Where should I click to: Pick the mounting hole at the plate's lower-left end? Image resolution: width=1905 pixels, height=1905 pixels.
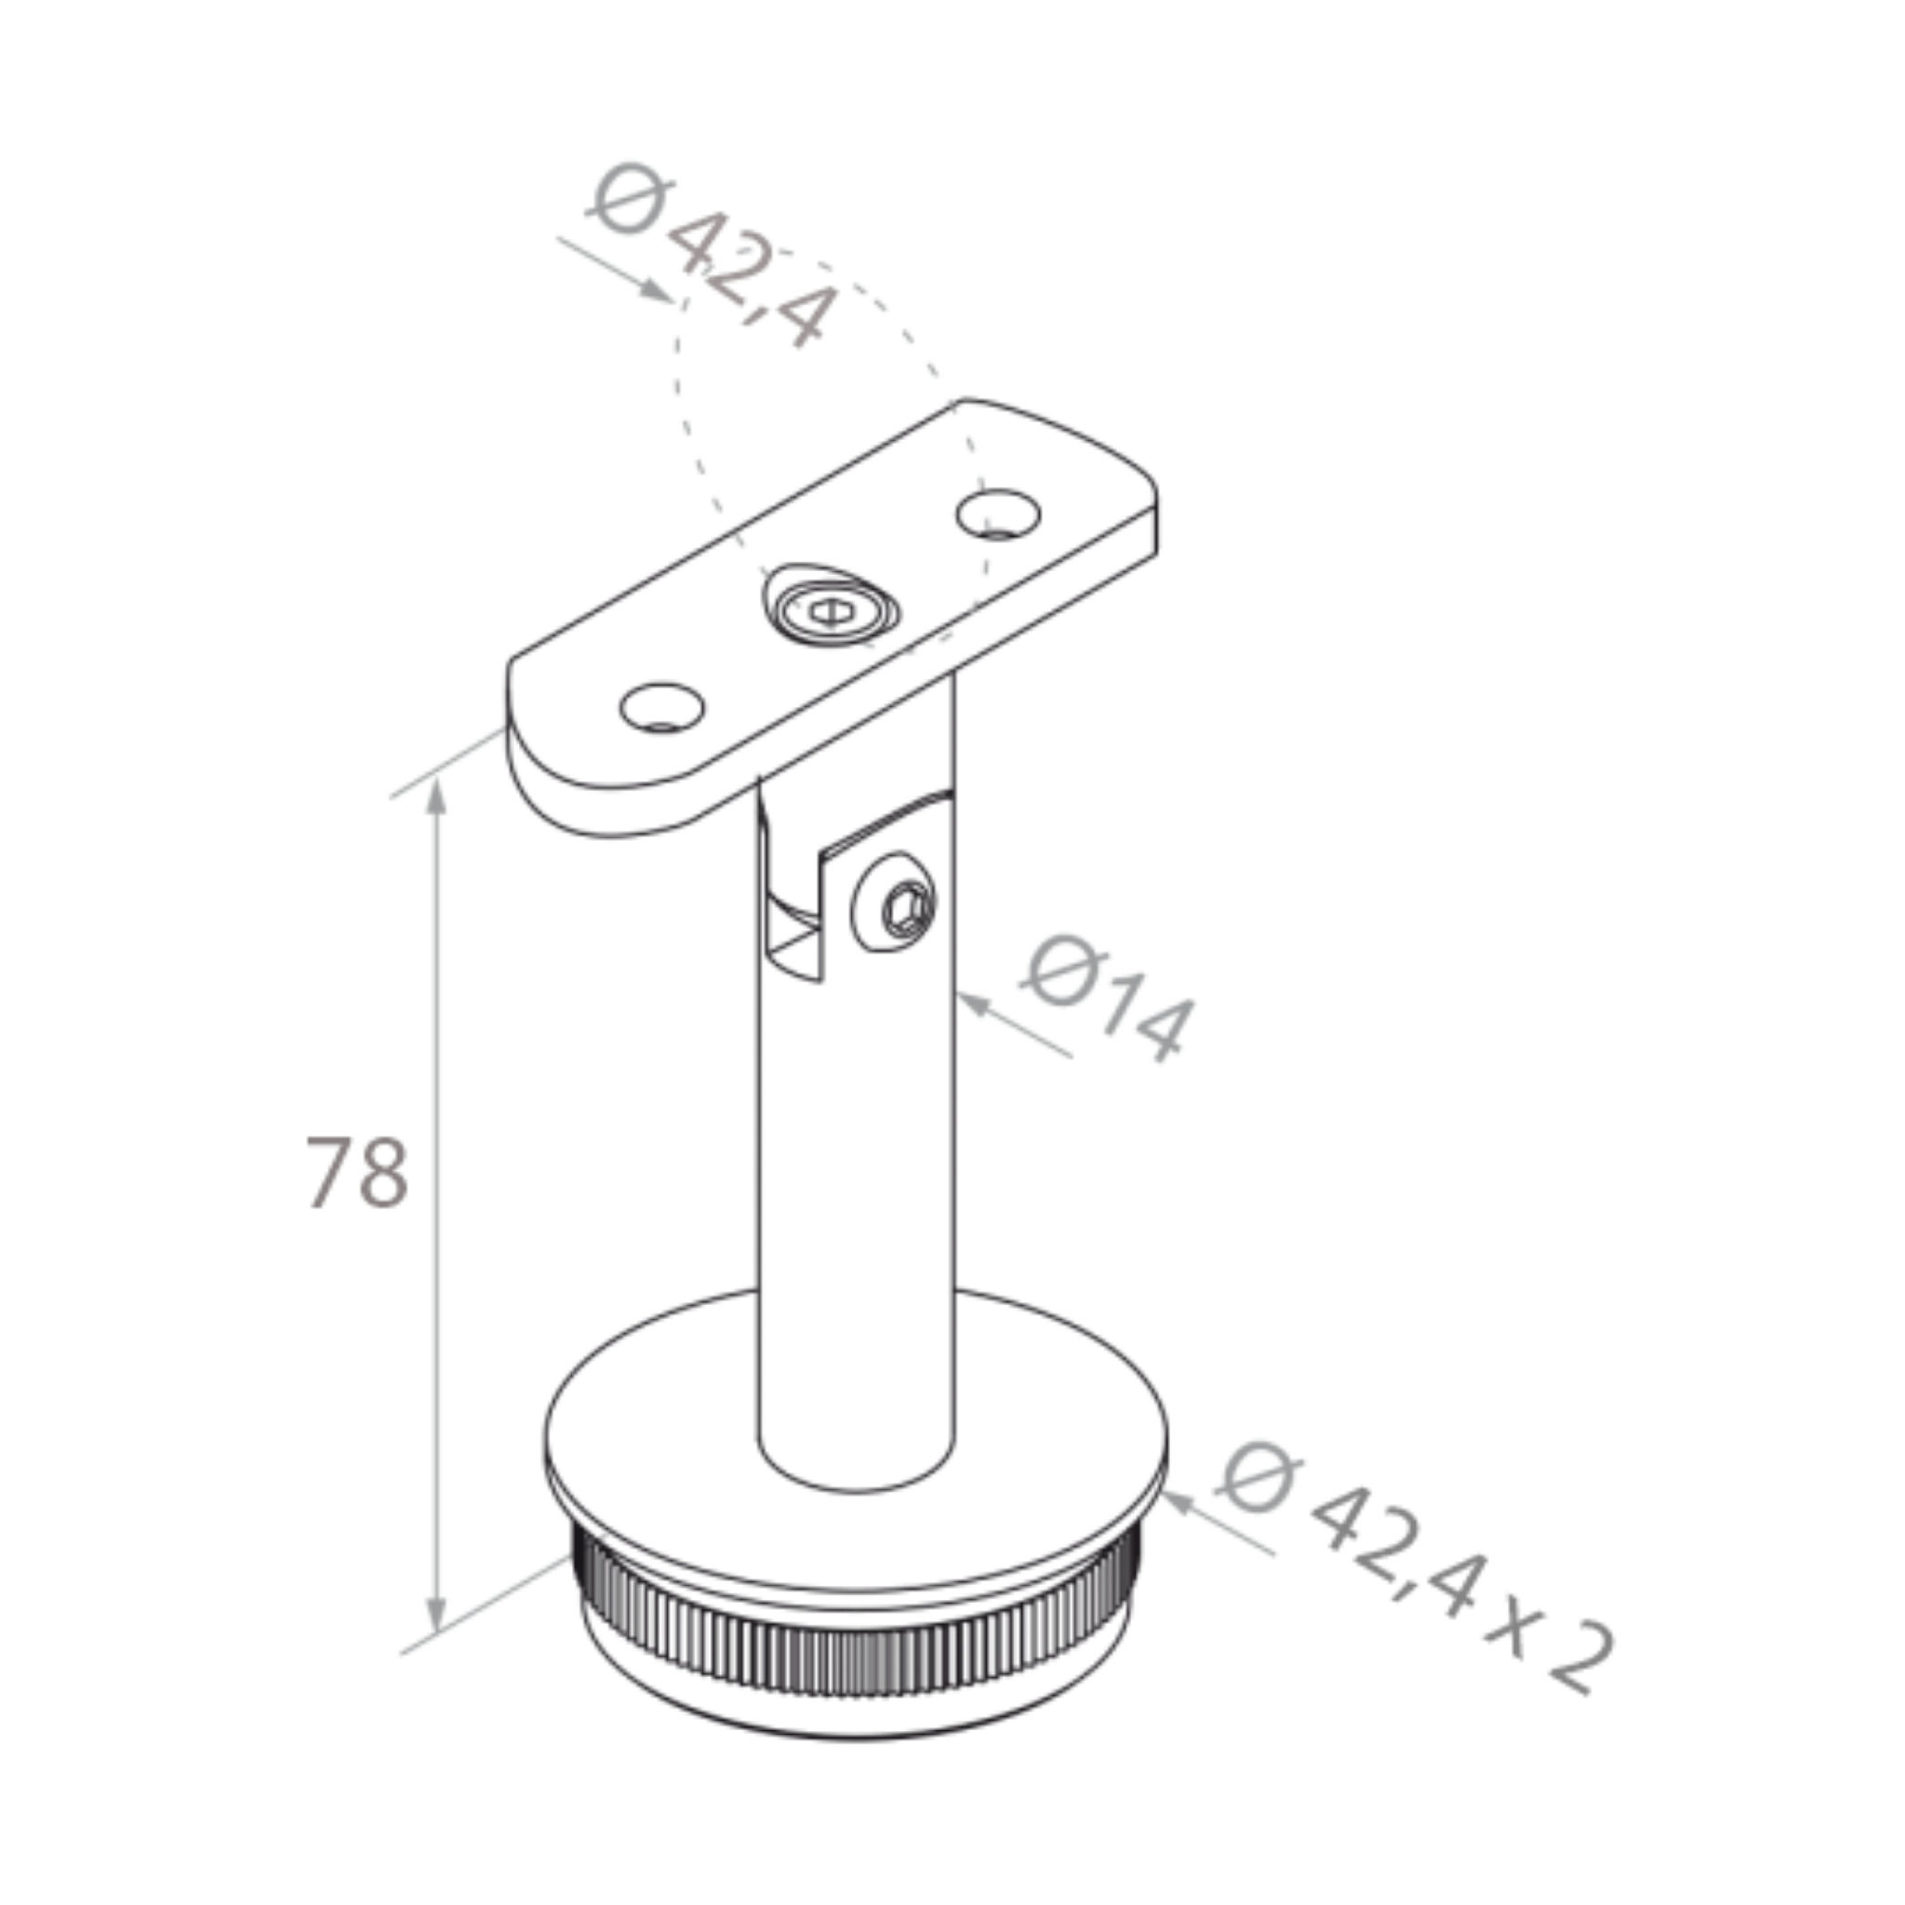click(661, 707)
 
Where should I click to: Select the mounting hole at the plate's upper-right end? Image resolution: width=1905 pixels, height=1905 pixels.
click(998, 513)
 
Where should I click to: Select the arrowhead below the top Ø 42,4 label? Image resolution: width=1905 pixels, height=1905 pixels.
click(656, 290)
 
